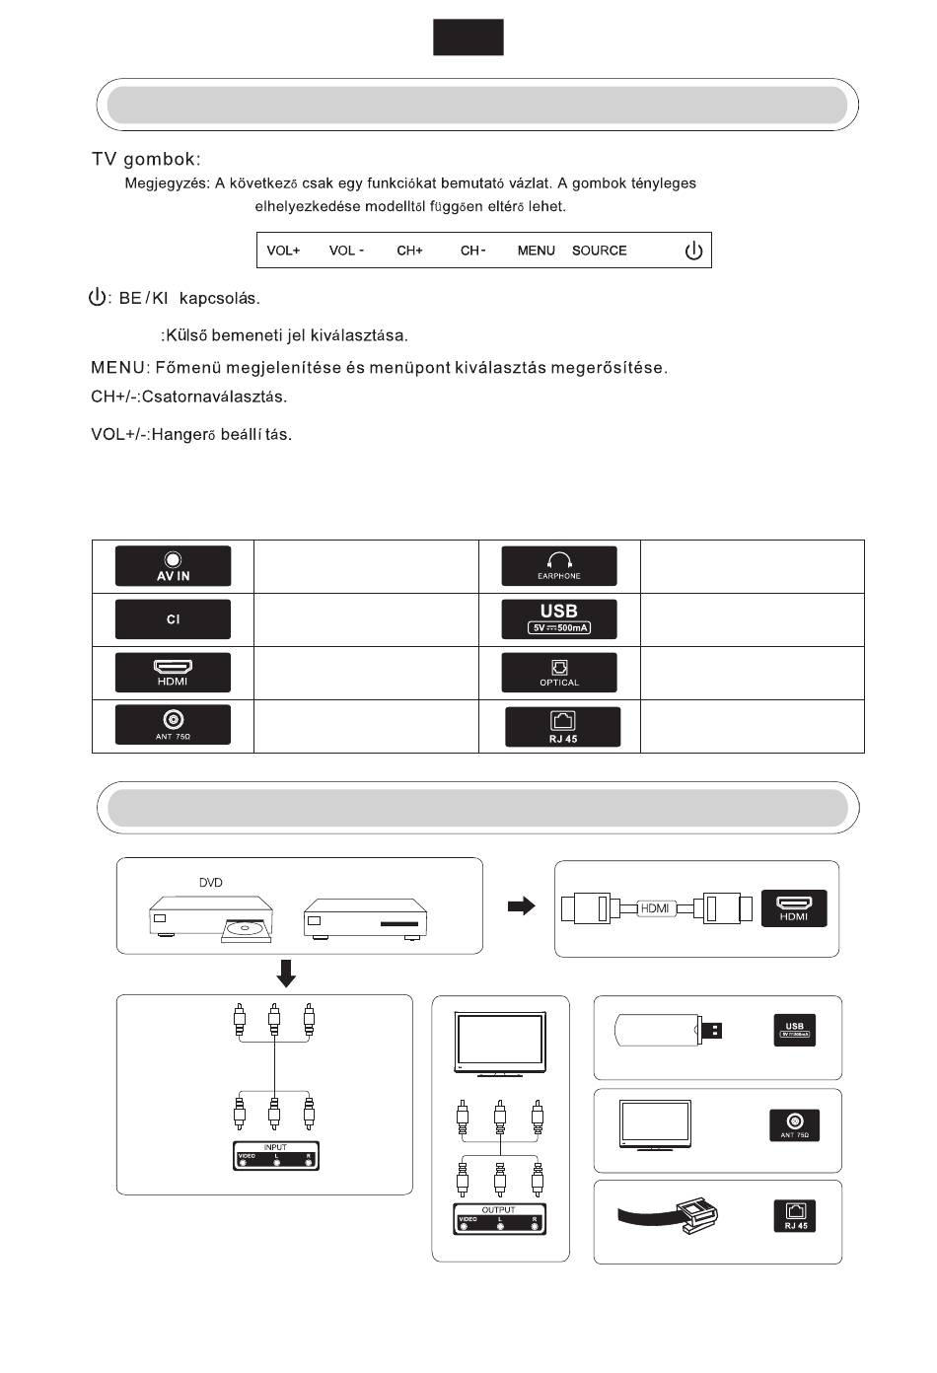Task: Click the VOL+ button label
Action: pyautogui.click(x=283, y=251)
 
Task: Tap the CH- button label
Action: pyautogui.click(x=472, y=251)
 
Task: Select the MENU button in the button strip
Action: pyautogui.click(x=536, y=251)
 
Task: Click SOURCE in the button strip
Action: pyautogui.click(x=599, y=251)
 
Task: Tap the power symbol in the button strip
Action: pyautogui.click(x=693, y=251)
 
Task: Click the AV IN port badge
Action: pyautogui.click(x=173, y=566)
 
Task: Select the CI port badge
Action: pyautogui.click(x=173, y=619)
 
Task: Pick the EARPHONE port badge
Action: pyautogui.click(x=559, y=566)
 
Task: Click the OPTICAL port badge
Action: pyautogui.click(x=559, y=673)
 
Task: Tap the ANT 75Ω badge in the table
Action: pyautogui.click(x=173, y=725)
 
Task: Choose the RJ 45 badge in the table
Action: pyautogui.click(x=562, y=727)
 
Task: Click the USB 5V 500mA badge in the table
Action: pyautogui.click(x=559, y=619)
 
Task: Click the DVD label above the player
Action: pyautogui.click(x=210, y=883)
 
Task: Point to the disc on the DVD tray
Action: pyautogui.click(x=242, y=927)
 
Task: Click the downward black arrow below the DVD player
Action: pyautogui.click(x=286, y=975)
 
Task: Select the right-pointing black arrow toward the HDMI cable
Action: pyautogui.click(x=521, y=906)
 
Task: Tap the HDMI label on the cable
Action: pyautogui.click(x=655, y=907)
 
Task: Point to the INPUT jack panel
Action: pyautogui.click(x=276, y=1156)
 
